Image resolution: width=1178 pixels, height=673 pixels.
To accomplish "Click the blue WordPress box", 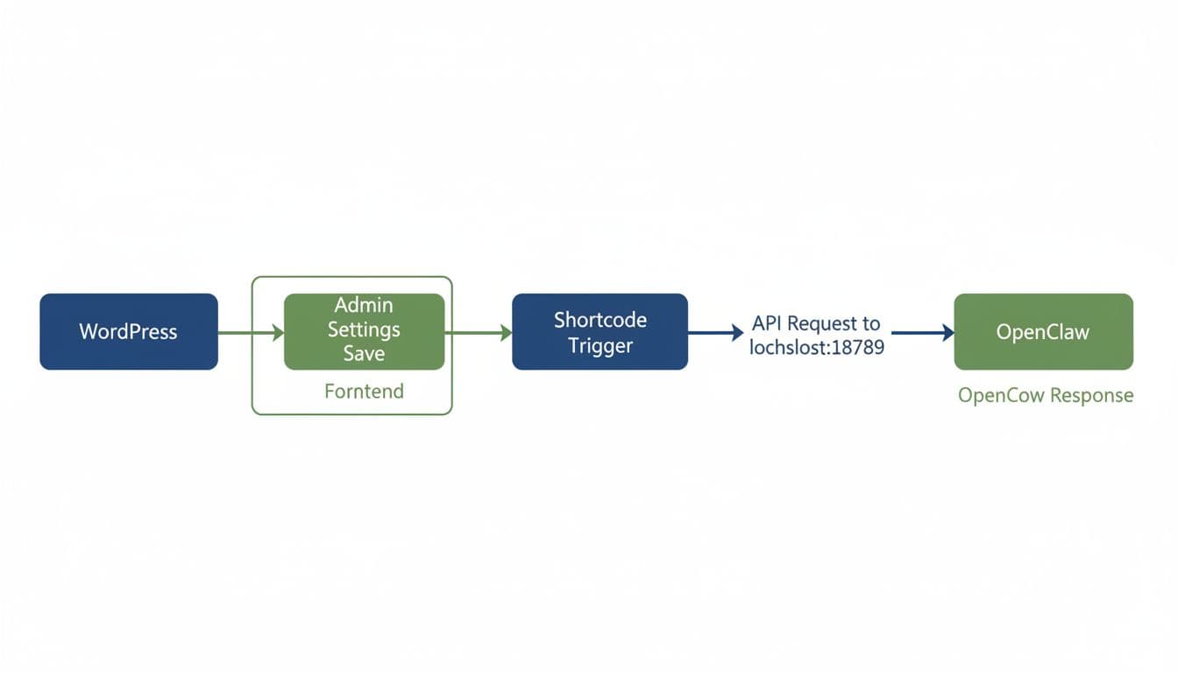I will pyautogui.click(x=129, y=331).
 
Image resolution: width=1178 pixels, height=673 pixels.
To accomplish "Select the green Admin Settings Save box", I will pyautogui.click(x=364, y=331).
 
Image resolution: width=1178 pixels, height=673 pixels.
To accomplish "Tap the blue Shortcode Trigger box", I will pyautogui.click(x=600, y=331).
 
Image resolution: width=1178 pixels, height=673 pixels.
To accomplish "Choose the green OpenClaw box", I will pyautogui.click(x=1043, y=331).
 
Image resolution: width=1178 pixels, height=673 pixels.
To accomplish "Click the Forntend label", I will pyautogui.click(x=364, y=391).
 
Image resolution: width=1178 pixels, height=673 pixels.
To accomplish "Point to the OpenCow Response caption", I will pyautogui.click(x=1045, y=395).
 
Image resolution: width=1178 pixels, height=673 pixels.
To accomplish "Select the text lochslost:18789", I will pyautogui.click(x=816, y=347).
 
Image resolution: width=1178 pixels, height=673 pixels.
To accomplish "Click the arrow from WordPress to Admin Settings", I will pyautogui.click(x=251, y=332).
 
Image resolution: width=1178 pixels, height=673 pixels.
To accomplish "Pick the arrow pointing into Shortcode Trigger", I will pyautogui.click(x=479, y=332).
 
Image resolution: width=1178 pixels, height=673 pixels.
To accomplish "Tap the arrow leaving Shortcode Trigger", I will pyautogui.click(x=715, y=332).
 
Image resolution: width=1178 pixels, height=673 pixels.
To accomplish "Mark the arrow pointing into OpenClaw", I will pyautogui.click(x=922, y=332).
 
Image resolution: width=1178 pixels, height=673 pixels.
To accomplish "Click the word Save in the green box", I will pyautogui.click(x=364, y=354).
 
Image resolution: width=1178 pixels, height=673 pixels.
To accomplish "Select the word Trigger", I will pyautogui.click(x=600, y=345).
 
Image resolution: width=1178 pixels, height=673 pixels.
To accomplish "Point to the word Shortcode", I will pyautogui.click(x=600, y=320).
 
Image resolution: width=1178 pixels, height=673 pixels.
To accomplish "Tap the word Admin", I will pyautogui.click(x=364, y=306).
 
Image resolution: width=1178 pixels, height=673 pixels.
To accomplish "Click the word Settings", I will pyautogui.click(x=364, y=329).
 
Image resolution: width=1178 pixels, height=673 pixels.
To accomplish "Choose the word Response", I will pyautogui.click(x=1091, y=395).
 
